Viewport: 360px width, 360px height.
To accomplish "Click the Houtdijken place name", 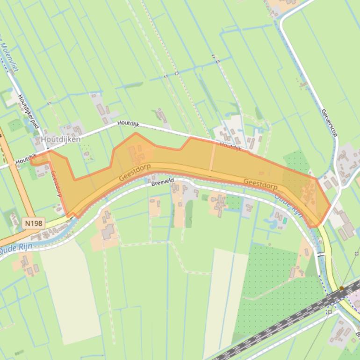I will pos(61,139).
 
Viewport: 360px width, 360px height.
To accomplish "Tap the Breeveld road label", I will pos(162,183).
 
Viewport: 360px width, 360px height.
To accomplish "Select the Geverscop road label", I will pos(329,123).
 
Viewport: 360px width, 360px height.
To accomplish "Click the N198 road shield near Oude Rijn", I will pos(33,223).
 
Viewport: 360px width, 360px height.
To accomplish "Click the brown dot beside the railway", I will pos(342,288).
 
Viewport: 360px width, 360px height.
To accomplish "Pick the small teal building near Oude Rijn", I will pos(285,220).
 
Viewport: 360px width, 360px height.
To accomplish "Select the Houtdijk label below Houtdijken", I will pos(26,159).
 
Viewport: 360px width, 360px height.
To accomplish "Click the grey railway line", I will pos(281,323).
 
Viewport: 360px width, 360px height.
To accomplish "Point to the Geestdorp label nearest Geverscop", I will pos(260,184).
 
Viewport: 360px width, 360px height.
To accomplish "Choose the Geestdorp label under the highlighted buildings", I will pos(136,174).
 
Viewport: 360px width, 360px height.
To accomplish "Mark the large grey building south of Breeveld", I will pos(108,231).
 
